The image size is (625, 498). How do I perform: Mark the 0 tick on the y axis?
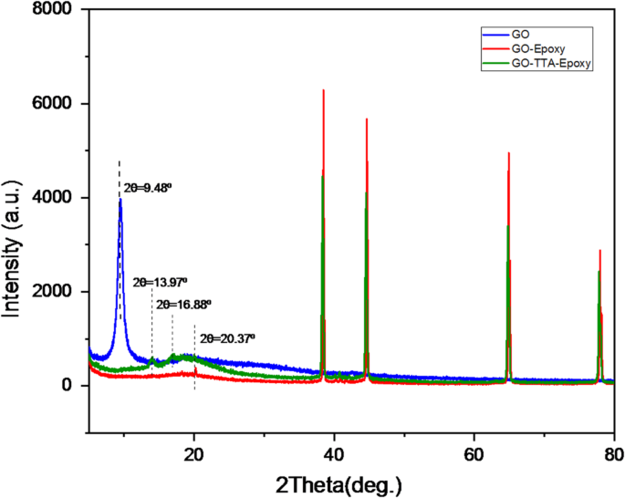pos(71,386)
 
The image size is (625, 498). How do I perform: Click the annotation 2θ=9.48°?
pos(148,188)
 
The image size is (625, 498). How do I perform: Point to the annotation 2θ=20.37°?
pos(227,337)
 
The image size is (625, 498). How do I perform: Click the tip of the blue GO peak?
pos(120,200)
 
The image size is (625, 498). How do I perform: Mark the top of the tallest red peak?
pos(324,89)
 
